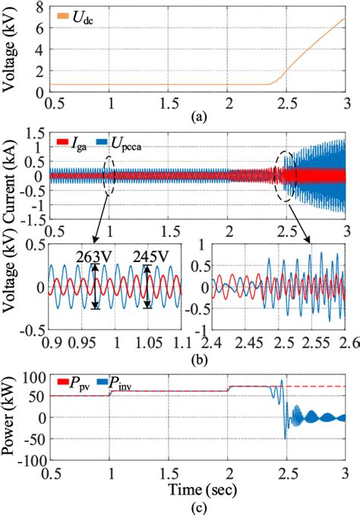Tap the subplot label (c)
(x=199, y=507)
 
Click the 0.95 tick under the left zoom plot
(x=82, y=346)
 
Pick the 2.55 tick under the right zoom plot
(x=310, y=346)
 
